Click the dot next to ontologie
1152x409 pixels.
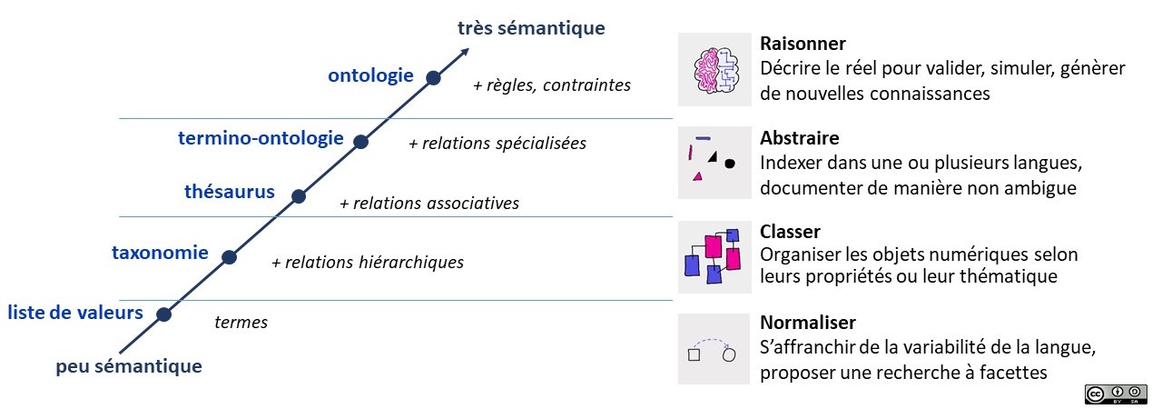tap(434, 78)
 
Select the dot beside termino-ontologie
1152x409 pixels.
tap(360, 142)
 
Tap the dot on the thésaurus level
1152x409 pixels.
tap(298, 195)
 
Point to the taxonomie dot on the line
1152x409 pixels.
tap(229, 257)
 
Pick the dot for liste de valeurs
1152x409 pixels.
tap(163, 314)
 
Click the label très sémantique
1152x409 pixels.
tap(531, 28)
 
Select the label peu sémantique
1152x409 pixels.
tap(129, 367)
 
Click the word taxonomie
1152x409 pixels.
tap(160, 253)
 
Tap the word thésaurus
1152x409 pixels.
tap(230, 191)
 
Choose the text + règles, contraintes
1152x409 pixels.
tap(552, 85)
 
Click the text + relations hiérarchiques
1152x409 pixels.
tap(368, 263)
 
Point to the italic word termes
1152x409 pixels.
tap(241, 323)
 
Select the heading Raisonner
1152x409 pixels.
tap(802, 44)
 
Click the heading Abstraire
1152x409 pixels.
tap(799, 138)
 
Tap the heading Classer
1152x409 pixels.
tap(790, 232)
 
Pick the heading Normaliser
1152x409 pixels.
tap(808, 323)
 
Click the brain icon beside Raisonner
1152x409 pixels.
tap(714, 70)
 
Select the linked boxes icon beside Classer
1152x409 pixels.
tap(714, 256)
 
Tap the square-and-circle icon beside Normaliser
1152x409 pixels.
tap(714, 349)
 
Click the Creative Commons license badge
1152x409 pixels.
tap(1116, 394)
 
